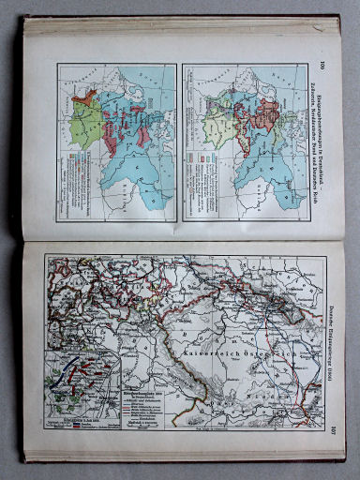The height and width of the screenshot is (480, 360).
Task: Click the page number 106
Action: coord(320,65)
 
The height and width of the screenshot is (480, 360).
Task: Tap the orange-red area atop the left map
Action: coord(86,95)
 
